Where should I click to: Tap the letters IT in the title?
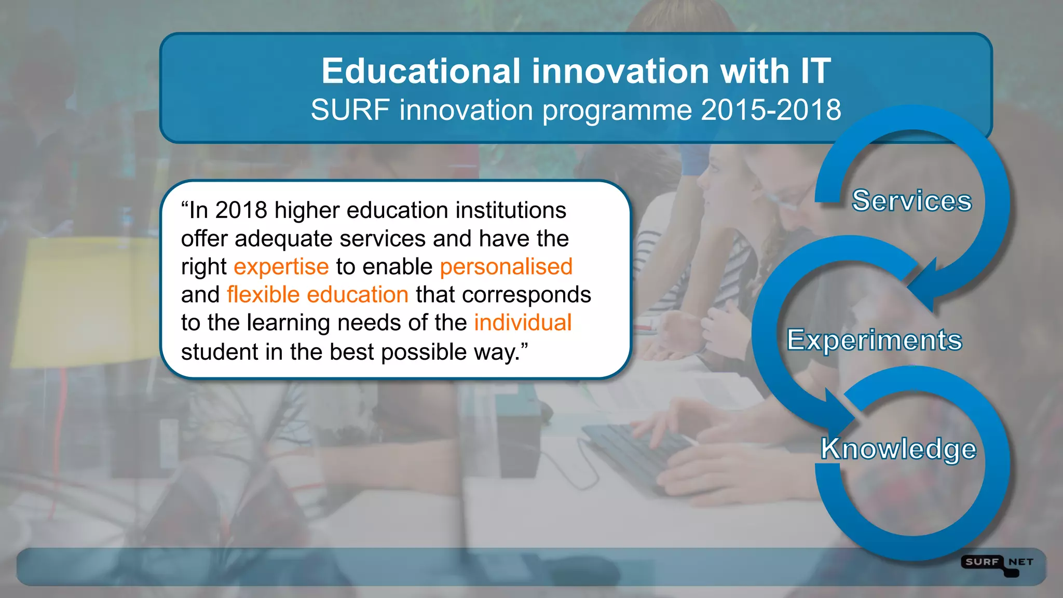(x=815, y=71)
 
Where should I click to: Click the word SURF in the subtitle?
(x=350, y=110)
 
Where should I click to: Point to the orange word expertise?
(x=281, y=267)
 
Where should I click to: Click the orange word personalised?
(x=506, y=267)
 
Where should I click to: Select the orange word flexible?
(x=263, y=295)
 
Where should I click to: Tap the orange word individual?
(x=523, y=323)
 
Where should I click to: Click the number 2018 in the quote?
(x=241, y=210)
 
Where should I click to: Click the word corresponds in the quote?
(x=526, y=295)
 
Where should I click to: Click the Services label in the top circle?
(x=911, y=200)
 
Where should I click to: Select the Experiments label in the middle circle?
(x=875, y=340)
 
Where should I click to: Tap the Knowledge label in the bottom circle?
(x=898, y=448)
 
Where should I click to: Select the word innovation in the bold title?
(x=620, y=71)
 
